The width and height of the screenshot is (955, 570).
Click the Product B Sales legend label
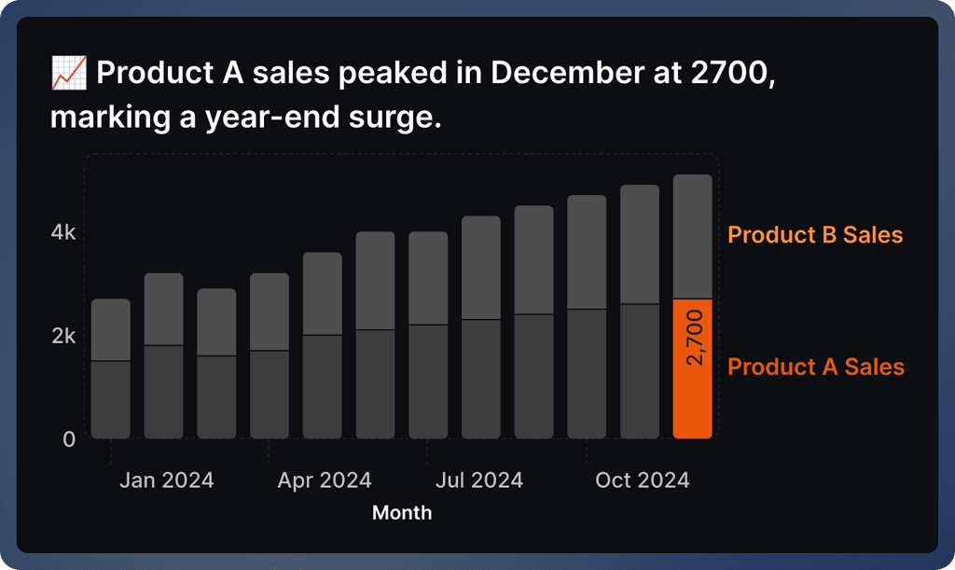[x=815, y=235]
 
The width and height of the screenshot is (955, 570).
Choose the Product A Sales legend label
[x=815, y=367]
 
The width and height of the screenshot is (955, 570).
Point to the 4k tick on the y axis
[x=63, y=232]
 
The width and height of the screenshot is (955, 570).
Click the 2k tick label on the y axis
[x=63, y=336]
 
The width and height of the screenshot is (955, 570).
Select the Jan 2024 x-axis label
[x=166, y=480]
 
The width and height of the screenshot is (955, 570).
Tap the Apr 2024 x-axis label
[x=325, y=480]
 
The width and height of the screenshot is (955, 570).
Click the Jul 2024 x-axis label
[x=479, y=480]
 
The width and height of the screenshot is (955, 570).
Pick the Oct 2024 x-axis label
[x=643, y=480]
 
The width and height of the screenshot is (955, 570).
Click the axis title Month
[x=402, y=513]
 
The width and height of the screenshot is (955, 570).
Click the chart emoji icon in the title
[x=69, y=74]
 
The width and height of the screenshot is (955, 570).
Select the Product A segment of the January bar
[x=111, y=399]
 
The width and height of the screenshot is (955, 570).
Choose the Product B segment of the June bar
[x=376, y=280]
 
